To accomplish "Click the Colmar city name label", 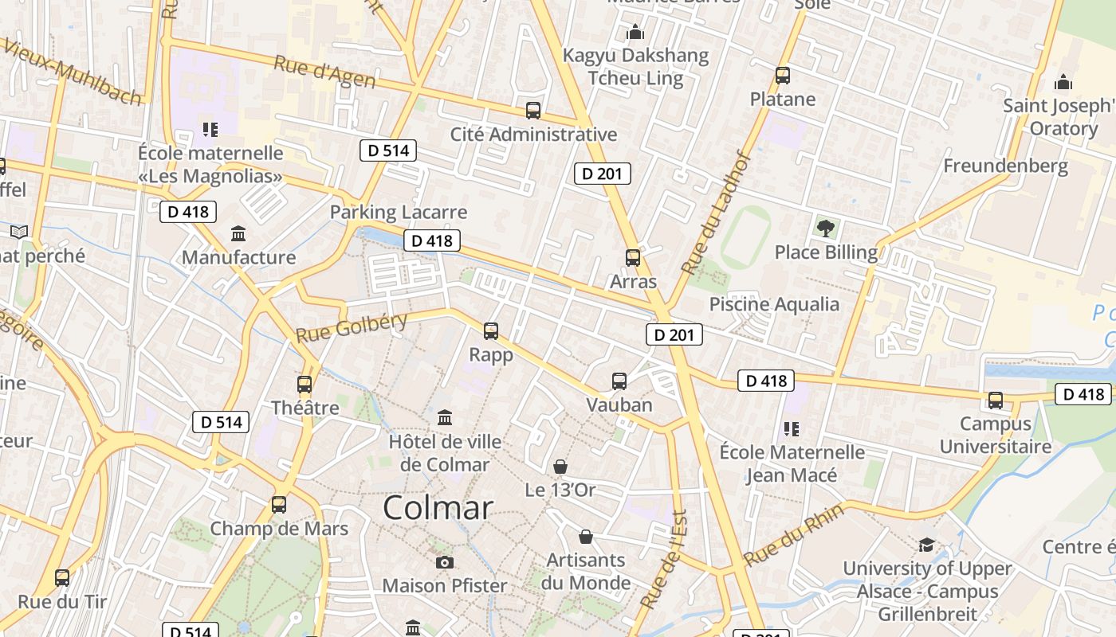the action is coord(438,508).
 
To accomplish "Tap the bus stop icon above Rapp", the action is coord(491,330).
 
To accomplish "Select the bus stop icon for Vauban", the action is coord(619,381).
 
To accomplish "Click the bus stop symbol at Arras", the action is coord(633,258).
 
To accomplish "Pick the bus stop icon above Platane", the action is coord(783,76).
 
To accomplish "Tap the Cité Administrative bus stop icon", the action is coord(533,111).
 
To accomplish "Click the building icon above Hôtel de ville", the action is coord(445,417).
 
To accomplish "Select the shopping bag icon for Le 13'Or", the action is coord(560,466).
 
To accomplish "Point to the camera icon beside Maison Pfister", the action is coord(445,562).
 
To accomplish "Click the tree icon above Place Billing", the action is coord(826,229).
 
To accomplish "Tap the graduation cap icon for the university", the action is coord(926,545).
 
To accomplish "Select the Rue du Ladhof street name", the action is coord(717,213).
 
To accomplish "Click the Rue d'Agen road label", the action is coord(324,73).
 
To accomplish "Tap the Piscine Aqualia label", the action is coord(774,304).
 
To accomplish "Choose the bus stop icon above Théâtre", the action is coord(305,385).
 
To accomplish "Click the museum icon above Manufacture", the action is coord(238,234).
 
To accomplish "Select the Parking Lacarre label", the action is coord(399,213).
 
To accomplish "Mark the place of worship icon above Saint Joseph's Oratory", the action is coord(1063,82).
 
